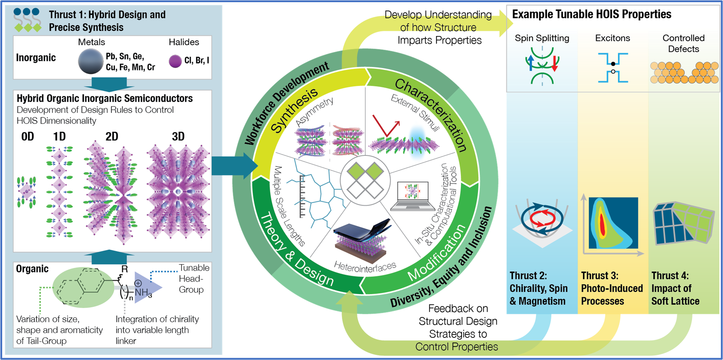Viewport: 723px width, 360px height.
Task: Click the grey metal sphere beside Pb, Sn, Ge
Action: [90, 61]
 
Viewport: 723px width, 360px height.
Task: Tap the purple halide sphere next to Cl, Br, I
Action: [175, 61]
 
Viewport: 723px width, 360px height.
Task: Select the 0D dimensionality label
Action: [28, 137]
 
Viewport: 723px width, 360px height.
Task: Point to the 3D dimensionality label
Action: [178, 137]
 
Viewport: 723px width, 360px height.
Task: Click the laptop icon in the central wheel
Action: [413, 196]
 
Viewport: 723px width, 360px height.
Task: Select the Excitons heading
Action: [612, 38]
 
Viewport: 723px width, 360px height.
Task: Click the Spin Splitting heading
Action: [542, 38]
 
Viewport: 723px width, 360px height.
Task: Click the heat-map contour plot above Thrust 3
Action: [613, 223]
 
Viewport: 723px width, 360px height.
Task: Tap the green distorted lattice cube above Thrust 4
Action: [683, 223]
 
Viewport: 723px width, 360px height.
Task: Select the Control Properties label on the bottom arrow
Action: [456, 347]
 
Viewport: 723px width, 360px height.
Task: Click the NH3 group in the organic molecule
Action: [143, 292]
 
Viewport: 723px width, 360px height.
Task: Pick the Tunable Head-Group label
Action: [194, 279]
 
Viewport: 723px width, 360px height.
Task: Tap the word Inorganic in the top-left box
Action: [36, 58]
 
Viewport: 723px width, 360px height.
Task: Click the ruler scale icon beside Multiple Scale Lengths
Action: [302, 196]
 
